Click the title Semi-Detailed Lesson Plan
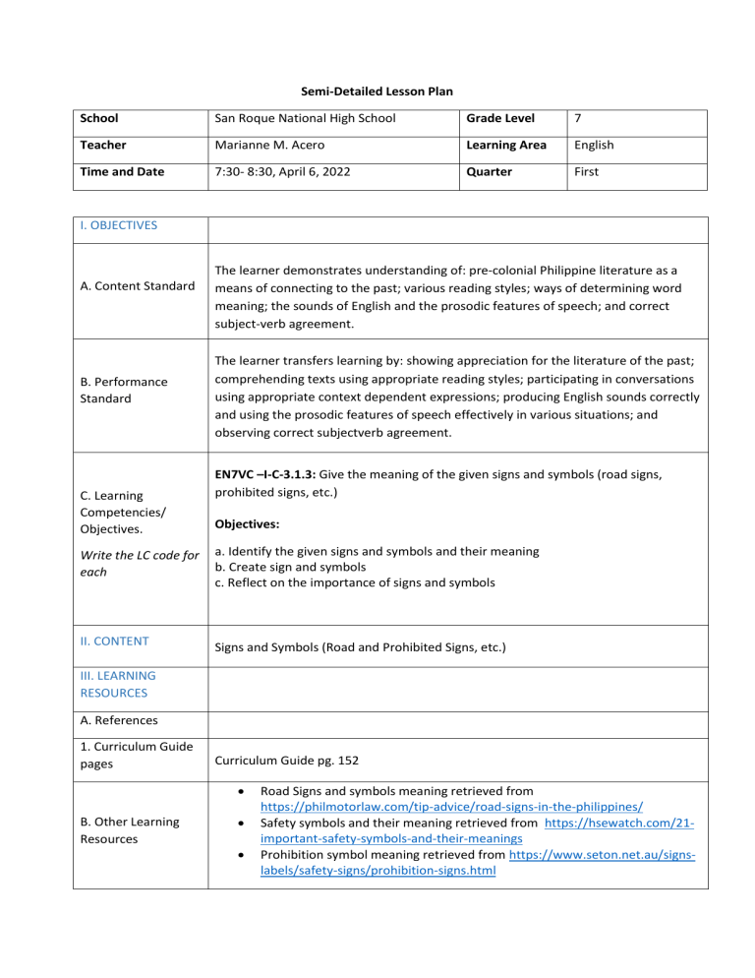tap(377, 86)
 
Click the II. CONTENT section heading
tap(113, 641)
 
